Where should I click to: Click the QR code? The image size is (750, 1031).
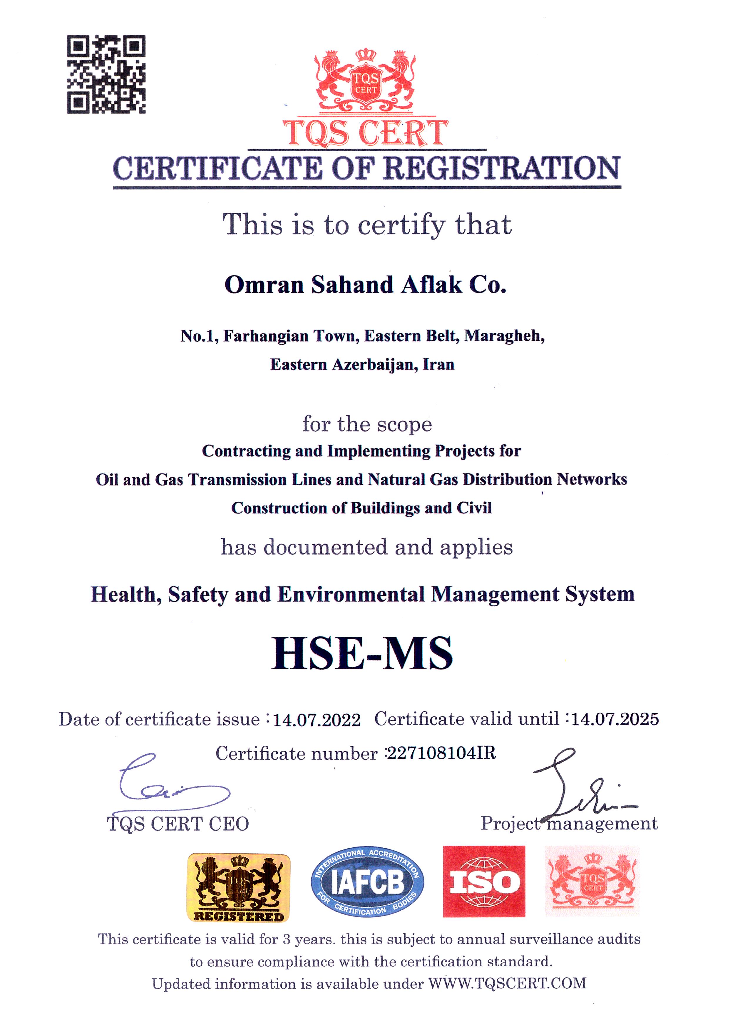tap(106, 74)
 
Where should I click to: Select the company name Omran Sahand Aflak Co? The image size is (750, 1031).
tap(365, 285)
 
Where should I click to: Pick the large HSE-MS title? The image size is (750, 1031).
tap(362, 653)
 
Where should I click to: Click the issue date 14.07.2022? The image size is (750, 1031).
tap(317, 720)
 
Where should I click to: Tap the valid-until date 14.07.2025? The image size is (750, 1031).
tap(615, 719)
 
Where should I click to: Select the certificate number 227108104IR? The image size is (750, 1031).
tap(441, 753)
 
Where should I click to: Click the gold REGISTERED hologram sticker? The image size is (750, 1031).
tap(239, 887)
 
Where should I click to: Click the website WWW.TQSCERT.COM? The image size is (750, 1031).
tap(507, 983)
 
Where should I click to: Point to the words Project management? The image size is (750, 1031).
tap(569, 823)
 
